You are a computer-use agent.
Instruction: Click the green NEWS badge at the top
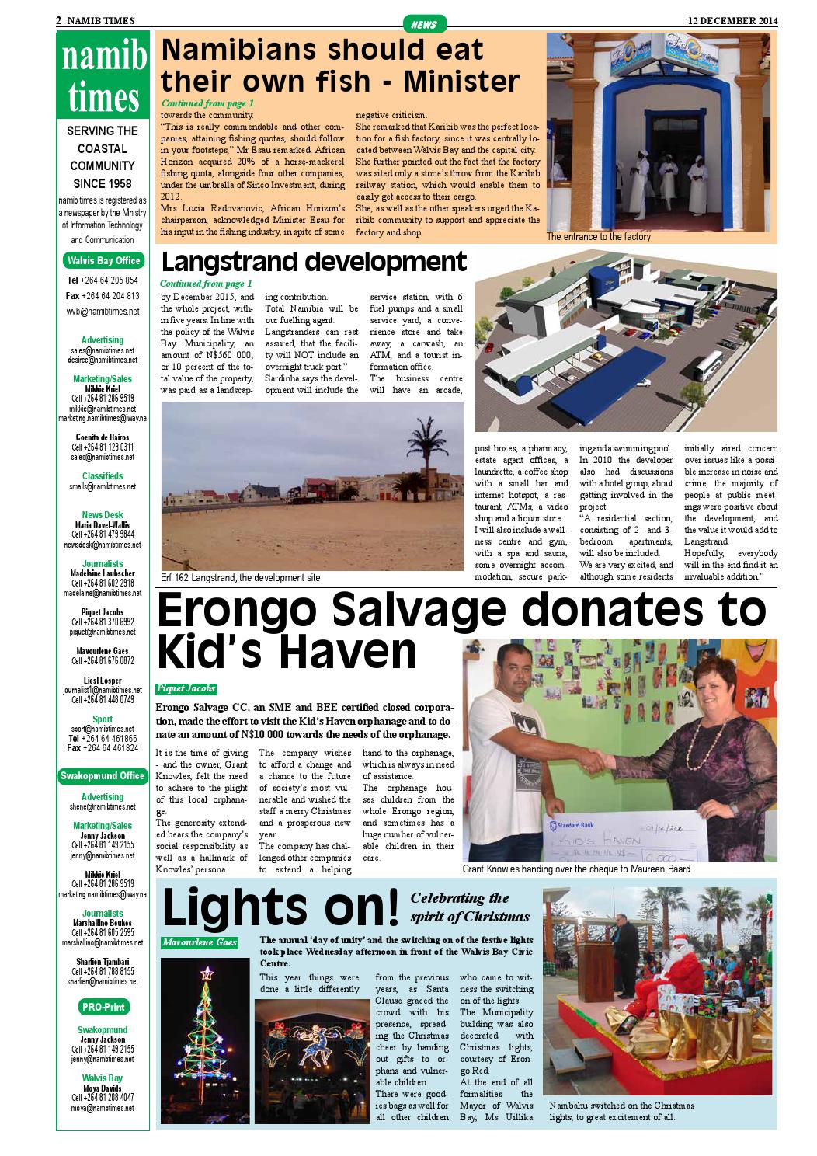(x=424, y=24)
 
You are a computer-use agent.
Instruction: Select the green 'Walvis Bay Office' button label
(x=103, y=260)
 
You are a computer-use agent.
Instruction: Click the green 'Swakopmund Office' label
(x=103, y=775)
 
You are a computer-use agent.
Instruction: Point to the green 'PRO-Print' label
(x=103, y=1007)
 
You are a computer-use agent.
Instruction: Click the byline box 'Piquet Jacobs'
(x=186, y=689)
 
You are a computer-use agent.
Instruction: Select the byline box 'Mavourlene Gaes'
(x=200, y=942)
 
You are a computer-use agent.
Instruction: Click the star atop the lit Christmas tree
(x=207, y=972)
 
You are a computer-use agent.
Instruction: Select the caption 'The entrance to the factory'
(x=598, y=237)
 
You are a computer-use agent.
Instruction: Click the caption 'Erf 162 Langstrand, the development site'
(x=241, y=578)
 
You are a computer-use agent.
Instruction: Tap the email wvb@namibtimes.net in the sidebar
(x=103, y=312)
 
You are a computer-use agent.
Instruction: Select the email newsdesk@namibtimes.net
(x=103, y=545)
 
